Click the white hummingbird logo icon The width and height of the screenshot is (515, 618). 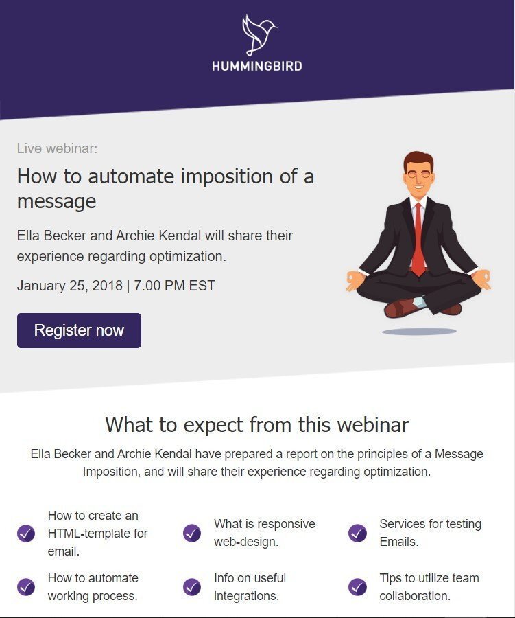coord(259,35)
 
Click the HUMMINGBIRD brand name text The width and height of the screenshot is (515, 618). coord(257,66)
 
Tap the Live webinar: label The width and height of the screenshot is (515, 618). coord(57,148)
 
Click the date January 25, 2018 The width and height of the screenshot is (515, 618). coord(70,286)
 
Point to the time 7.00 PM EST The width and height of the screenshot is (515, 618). coord(174,286)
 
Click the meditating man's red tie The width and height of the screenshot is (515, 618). coord(418,240)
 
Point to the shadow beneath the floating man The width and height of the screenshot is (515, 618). coord(419,332)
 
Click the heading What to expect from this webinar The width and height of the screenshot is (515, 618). coord(256,424)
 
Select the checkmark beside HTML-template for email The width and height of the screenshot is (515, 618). coord(26,534)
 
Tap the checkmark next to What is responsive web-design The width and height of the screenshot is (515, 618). coord(192,534)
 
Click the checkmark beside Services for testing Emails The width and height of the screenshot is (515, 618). coord(357,534)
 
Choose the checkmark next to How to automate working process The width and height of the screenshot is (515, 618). coord(26,587)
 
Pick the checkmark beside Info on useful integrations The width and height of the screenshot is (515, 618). coord(192,587)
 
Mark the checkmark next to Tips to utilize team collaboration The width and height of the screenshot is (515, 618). coord(357,587)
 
